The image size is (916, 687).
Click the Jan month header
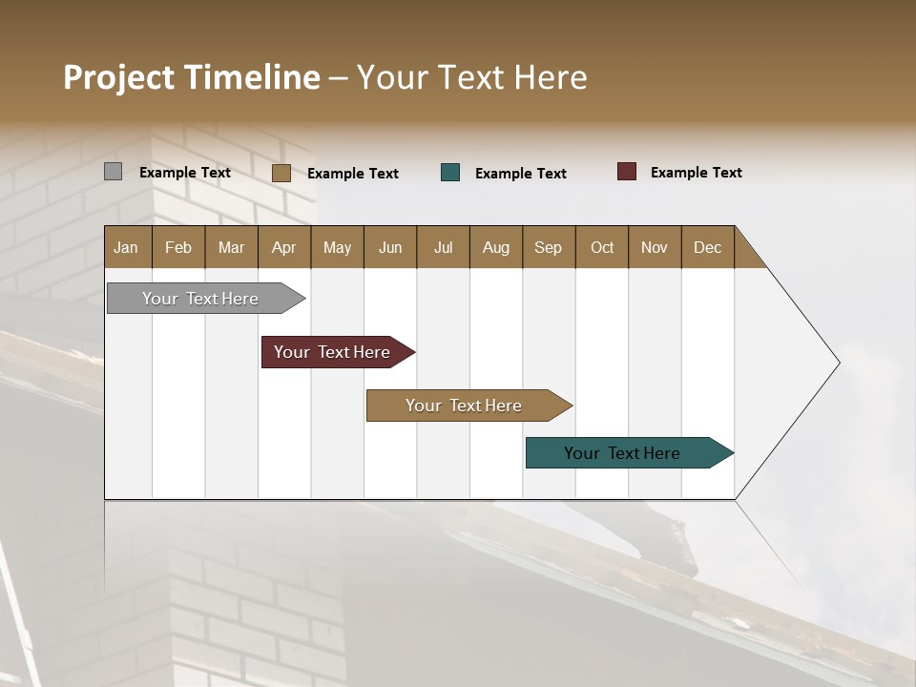click(127, 247)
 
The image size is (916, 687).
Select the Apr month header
click(284, 247)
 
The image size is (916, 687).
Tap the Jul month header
click(443, 247)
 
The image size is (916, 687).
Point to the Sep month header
click(548, 247)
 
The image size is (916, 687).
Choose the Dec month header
click(707, 247)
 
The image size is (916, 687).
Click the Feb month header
click(178, 247)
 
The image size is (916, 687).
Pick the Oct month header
click(602, 247)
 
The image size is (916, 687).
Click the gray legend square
click(114, 172)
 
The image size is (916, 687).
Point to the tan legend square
click(281, 173)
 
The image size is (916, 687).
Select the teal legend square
click(450, 173)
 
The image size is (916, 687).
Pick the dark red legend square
click(627, 172)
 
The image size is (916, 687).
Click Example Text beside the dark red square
click(696, 173)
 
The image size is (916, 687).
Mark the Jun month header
click(390, 247)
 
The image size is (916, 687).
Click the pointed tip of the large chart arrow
click(837, 363)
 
